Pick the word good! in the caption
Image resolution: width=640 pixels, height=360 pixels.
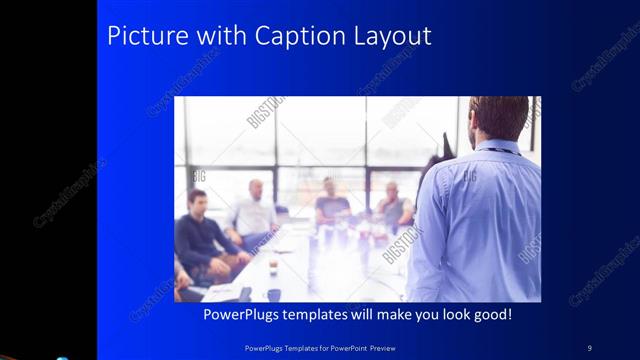pyautogui.click(x=490, y=315)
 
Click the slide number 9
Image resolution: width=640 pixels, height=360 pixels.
pyautogui.click(x=589, y=347)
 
